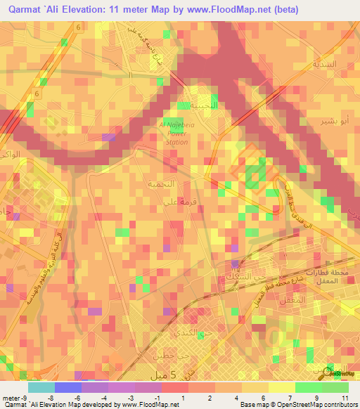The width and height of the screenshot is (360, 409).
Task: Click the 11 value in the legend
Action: [345, 397]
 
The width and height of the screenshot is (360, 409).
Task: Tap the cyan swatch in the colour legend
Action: [41, 387]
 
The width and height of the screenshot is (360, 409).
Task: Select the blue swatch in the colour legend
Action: [67, 387]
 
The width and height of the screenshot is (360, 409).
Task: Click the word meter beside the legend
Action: [10, 397]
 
